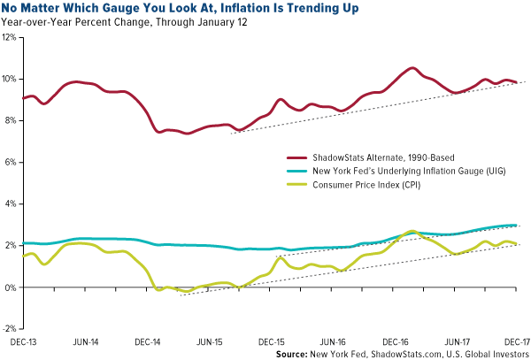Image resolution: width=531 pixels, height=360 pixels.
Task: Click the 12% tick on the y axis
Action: [x=10, y=38]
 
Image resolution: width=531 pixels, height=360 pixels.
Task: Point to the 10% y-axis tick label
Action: [x=10, y=80]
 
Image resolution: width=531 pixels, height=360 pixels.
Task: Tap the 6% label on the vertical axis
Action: [x=12, y=163]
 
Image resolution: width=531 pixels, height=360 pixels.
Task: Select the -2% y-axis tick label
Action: [x=11, y=328]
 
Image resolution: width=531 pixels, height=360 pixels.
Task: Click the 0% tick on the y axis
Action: [x=12, y=287]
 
